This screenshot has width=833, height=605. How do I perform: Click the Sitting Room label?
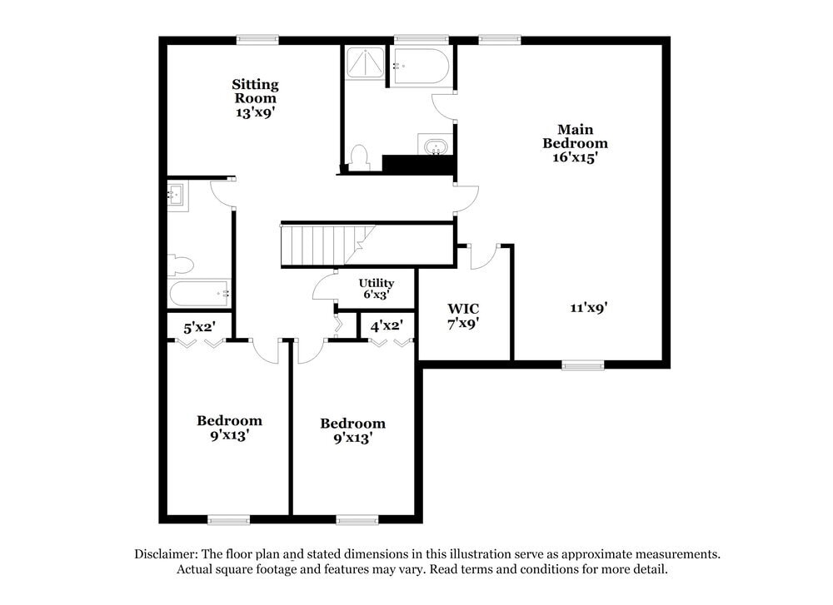255,91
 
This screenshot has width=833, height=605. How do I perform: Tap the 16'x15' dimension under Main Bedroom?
575,156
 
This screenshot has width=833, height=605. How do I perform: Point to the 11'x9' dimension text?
588,307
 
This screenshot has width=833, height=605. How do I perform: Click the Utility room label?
377,283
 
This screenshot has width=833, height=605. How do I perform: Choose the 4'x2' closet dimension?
387,326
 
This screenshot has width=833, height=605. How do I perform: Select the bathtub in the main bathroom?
421,67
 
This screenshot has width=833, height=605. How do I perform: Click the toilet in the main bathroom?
359,157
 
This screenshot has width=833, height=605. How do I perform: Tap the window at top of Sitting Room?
257,39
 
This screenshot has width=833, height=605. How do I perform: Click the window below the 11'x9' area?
583,364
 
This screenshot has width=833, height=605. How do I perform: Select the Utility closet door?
325,287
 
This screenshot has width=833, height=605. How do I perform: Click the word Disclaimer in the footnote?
166,554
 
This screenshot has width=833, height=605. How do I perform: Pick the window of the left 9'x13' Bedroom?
228,520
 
